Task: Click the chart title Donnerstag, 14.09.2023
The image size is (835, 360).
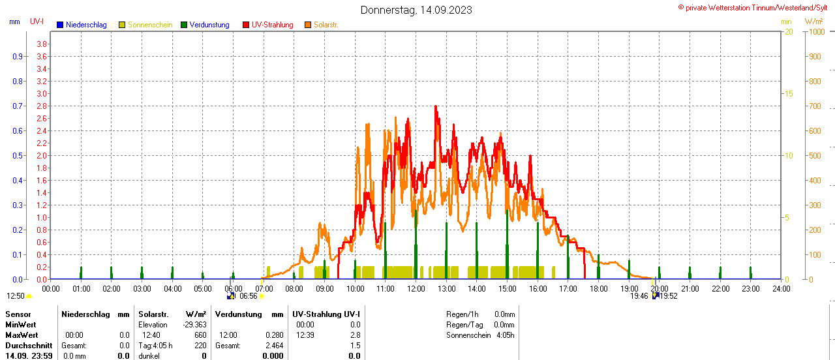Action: pyautogui.click(x=416, y=10)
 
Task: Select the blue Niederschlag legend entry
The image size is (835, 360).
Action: pyautogui.click(x=82, y=25)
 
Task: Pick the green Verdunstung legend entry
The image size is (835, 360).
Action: pyautogui.click(x=205, y=25)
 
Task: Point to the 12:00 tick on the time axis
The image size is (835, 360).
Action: pyautogui.click(x=416, y=288)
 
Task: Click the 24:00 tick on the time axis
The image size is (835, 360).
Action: pyautogui.click(x=781, y=288)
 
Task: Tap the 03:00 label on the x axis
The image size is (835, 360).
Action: pyautogui.click(x=142, y=288)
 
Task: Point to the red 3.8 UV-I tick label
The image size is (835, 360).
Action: pyautogui.click(x=42, y=44)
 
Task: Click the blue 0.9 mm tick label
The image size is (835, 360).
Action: pyautogui.click(x=18, y=56)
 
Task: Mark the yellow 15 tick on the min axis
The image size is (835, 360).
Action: pyautogui.click(x=788, y=93)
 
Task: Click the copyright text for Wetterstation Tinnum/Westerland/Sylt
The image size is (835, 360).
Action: pyautogui.click(x=756, y=8)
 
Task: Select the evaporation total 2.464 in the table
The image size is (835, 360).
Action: pyautogui.click(x=273, y=346)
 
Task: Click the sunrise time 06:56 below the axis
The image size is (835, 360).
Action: pyautogui.click(x=248, y=296)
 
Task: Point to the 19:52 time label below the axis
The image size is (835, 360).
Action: pyautogui.click(x=669, y=296)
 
